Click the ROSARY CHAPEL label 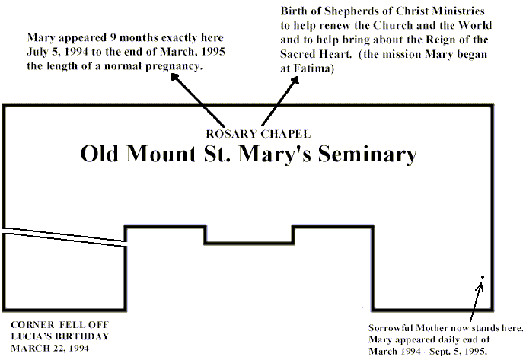click(x=258, y=134)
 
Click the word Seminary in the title click(x=367, y=155)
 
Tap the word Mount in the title click(x=161, y=154)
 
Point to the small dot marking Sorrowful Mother click(x=483, y=277)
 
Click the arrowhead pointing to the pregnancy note click(x=175, y=78)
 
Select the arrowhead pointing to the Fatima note click(x=295, y=81)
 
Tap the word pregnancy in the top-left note click(x=174, y=66)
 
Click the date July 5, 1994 click(x=57, y=52)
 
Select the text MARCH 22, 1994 click(x=50, y=349)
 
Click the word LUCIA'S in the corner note click(x=27, y=336)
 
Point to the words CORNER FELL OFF click(x=60, y=325)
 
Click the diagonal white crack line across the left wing click(x=64, y=237)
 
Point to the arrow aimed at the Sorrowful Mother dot click(x=476, y=301)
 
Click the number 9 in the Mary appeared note click(x=113, y=37)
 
